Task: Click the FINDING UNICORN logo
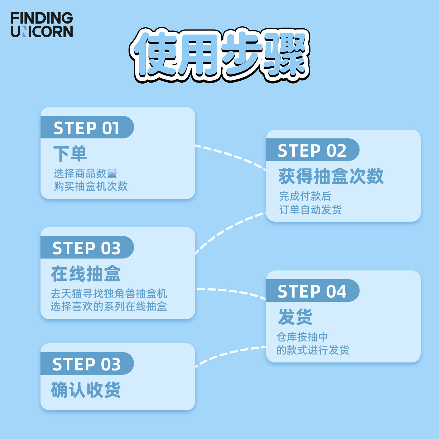click(42, 25)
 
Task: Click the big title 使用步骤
click(220, 55)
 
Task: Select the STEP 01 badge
click(87, 127)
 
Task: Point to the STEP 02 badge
click(312, 150)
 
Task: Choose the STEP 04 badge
click(312, 291)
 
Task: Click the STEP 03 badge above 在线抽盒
click(87, 247)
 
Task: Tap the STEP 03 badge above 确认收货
click(87, 363)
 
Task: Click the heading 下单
click(70, 154)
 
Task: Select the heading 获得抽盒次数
click(331, 176)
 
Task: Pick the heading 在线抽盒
click(86, 273)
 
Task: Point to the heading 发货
click(295, 317)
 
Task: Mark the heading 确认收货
click(86, 390)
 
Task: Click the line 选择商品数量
click(85, 173)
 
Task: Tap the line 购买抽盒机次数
click(91, 186)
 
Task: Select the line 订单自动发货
click(311, 209)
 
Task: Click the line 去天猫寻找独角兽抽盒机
click(109, 293)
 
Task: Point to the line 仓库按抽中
click(302, 337)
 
